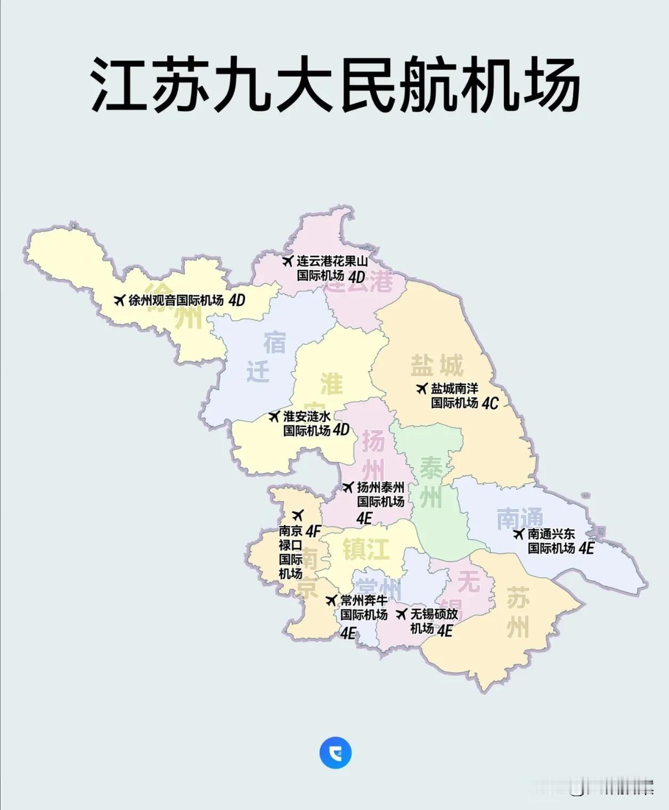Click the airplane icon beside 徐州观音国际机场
(119, 300)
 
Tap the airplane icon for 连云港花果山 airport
(288, 261)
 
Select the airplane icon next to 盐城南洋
(422, 388)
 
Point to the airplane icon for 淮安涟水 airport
(274, 416)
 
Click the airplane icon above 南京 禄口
(298, 515)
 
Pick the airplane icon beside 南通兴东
(519, 533)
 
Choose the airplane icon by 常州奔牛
(331, 600)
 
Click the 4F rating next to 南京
(313, 531)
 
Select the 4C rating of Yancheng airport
(489, 403)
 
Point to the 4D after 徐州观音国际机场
(236, 301)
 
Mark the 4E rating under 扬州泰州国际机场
(364, 518)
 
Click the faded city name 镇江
(366, 549)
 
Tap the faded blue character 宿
(274, 343)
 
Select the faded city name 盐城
(436, 366)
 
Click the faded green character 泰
(431, 468)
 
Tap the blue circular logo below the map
(335, 753)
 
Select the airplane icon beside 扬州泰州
(348, 487)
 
